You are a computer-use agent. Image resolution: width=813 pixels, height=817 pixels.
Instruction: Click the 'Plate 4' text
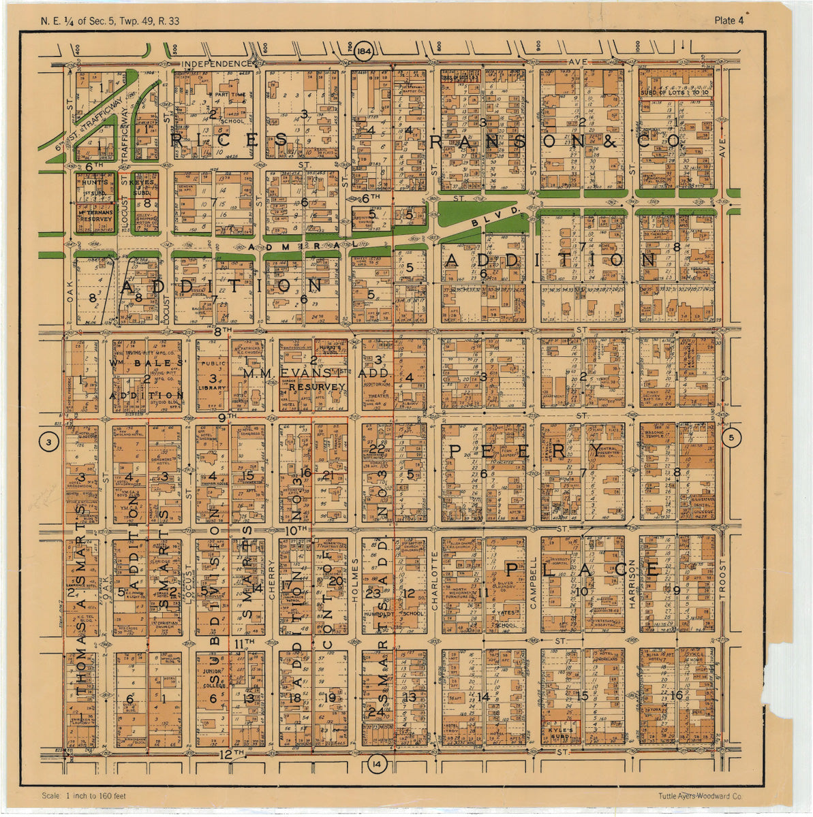728,20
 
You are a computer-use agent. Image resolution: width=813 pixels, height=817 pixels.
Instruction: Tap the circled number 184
364,52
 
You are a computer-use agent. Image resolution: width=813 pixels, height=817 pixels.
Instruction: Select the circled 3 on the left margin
48,443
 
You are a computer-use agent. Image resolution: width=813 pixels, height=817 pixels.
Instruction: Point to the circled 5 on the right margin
731,438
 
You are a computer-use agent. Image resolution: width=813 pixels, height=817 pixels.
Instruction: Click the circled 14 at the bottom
376,765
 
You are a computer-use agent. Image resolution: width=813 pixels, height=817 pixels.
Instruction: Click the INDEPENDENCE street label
216,64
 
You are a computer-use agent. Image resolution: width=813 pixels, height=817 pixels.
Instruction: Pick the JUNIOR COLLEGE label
213,675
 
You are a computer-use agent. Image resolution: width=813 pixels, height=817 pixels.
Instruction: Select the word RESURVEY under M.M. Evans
317,386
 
